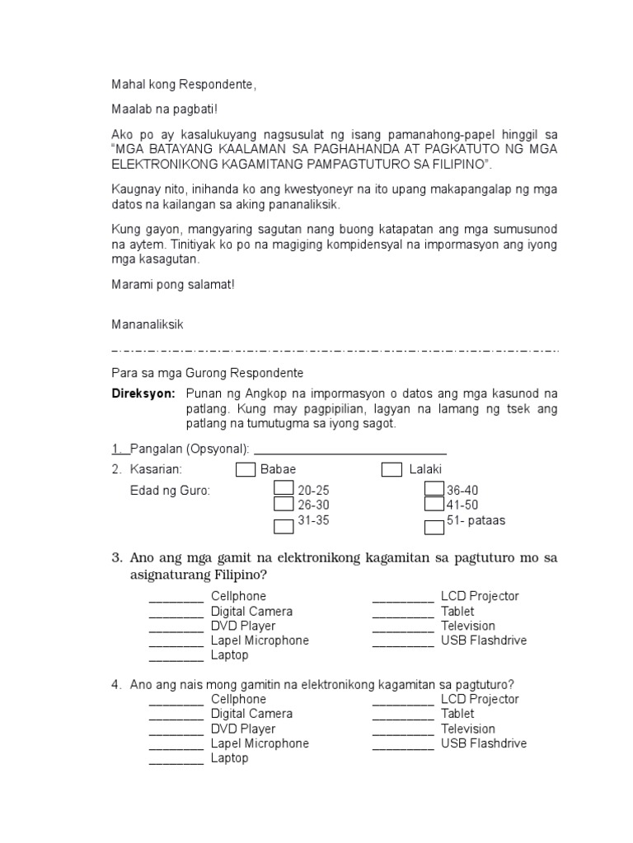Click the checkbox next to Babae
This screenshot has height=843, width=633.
[x=245, y=470]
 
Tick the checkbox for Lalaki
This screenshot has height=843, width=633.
[x=392, y=470]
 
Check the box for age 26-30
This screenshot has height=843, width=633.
[x=284, y=504]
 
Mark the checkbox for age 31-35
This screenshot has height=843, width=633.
[x=284, y=525]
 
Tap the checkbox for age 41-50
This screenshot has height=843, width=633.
[x=434, y=504]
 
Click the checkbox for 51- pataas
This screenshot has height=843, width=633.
[x=434, y=525]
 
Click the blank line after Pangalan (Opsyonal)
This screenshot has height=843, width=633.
[x=350, y=449]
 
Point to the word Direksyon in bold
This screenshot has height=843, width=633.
[x=144, y=394]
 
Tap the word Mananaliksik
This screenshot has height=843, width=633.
[x=148, y=324]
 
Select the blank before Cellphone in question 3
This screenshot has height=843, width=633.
[x=176, y=597]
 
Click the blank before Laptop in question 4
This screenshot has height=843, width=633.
[x=176, y=759]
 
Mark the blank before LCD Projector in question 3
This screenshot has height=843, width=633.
[x=402, y=597]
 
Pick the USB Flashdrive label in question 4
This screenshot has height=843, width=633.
[x=484, y=743]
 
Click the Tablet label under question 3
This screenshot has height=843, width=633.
[x=457, y=611]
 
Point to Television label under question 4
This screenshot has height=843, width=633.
[x=468, y=729]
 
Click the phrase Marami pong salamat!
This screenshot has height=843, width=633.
[x=173, y=285]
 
